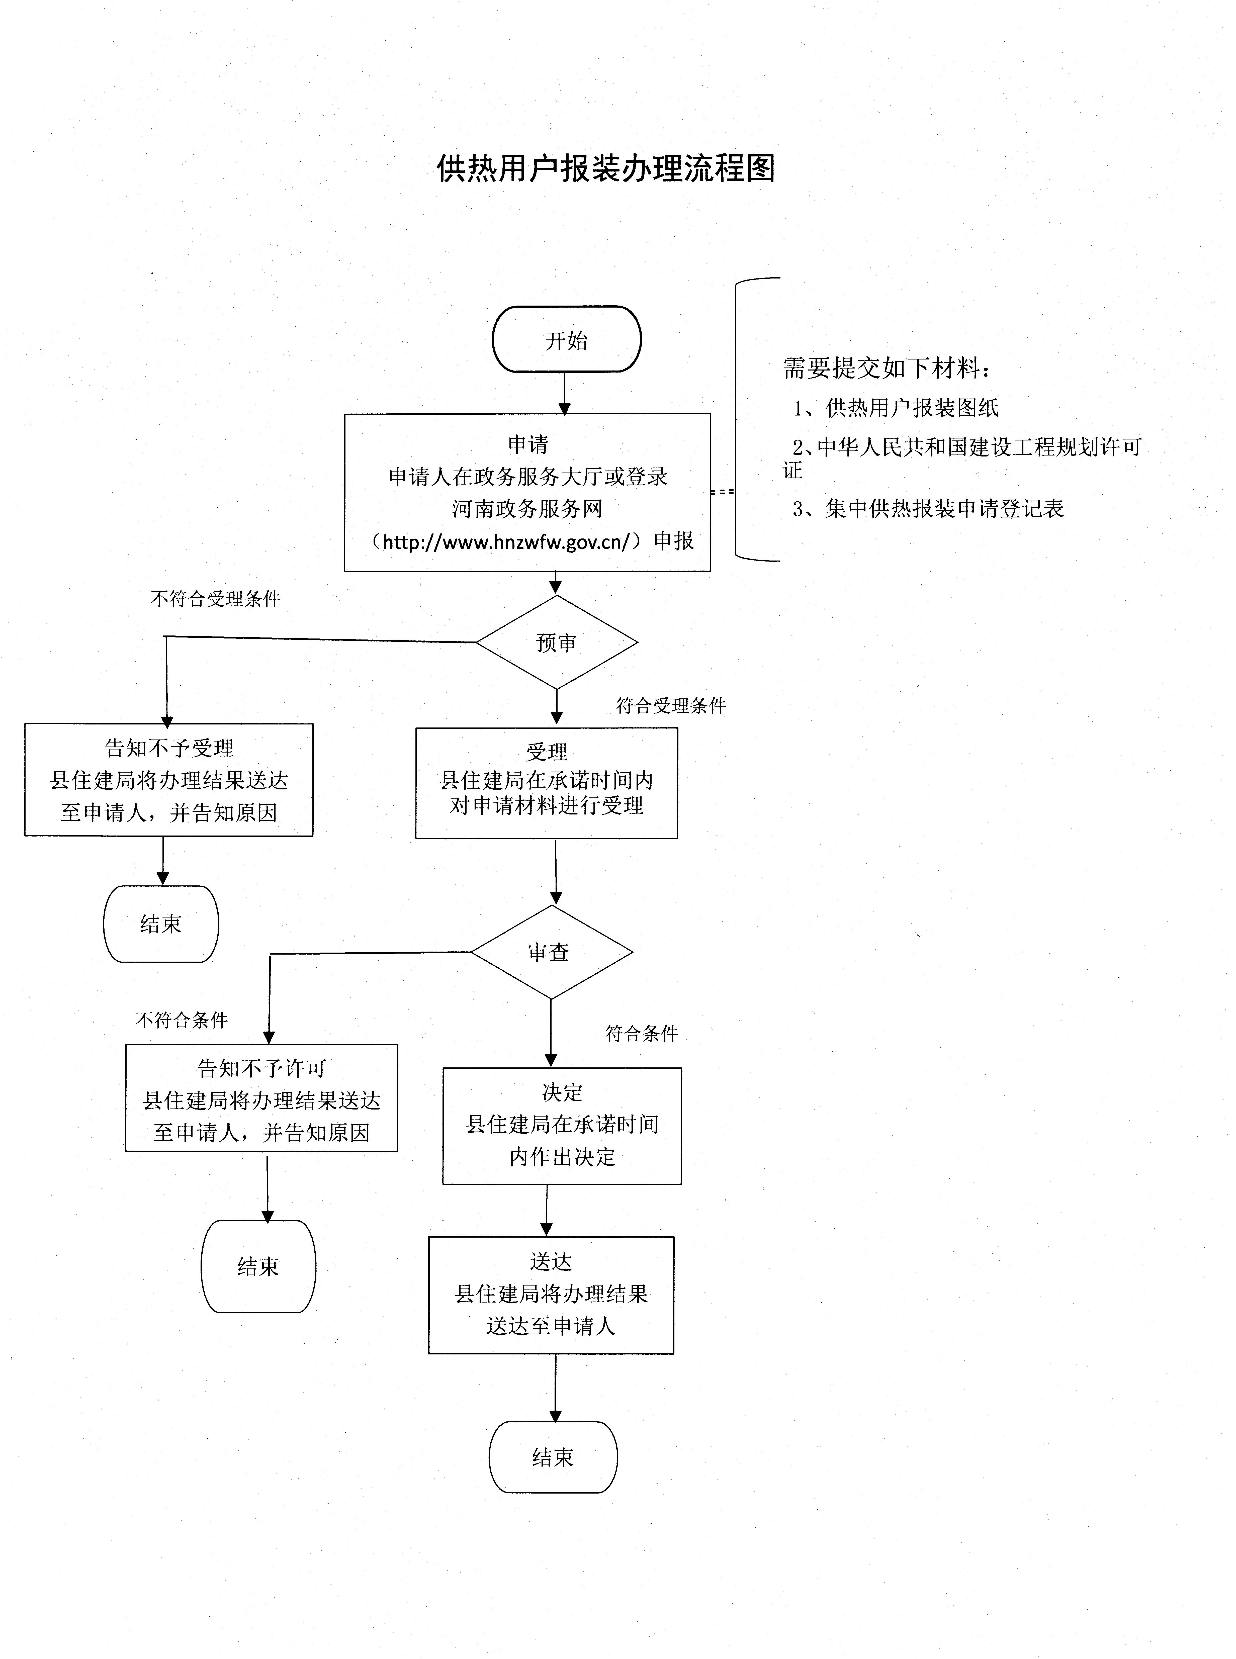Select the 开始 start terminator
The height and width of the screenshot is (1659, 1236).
566,340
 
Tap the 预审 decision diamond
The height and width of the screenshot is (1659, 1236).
557,642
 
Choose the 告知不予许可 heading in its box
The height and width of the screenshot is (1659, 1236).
262,1068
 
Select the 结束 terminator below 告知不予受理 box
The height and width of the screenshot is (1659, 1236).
161,924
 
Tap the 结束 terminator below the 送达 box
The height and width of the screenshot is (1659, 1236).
553,1457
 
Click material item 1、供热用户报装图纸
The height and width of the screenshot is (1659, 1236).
896,408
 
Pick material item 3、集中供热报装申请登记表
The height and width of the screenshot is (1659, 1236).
928,509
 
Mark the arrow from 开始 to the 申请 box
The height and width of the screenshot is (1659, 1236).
565,393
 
